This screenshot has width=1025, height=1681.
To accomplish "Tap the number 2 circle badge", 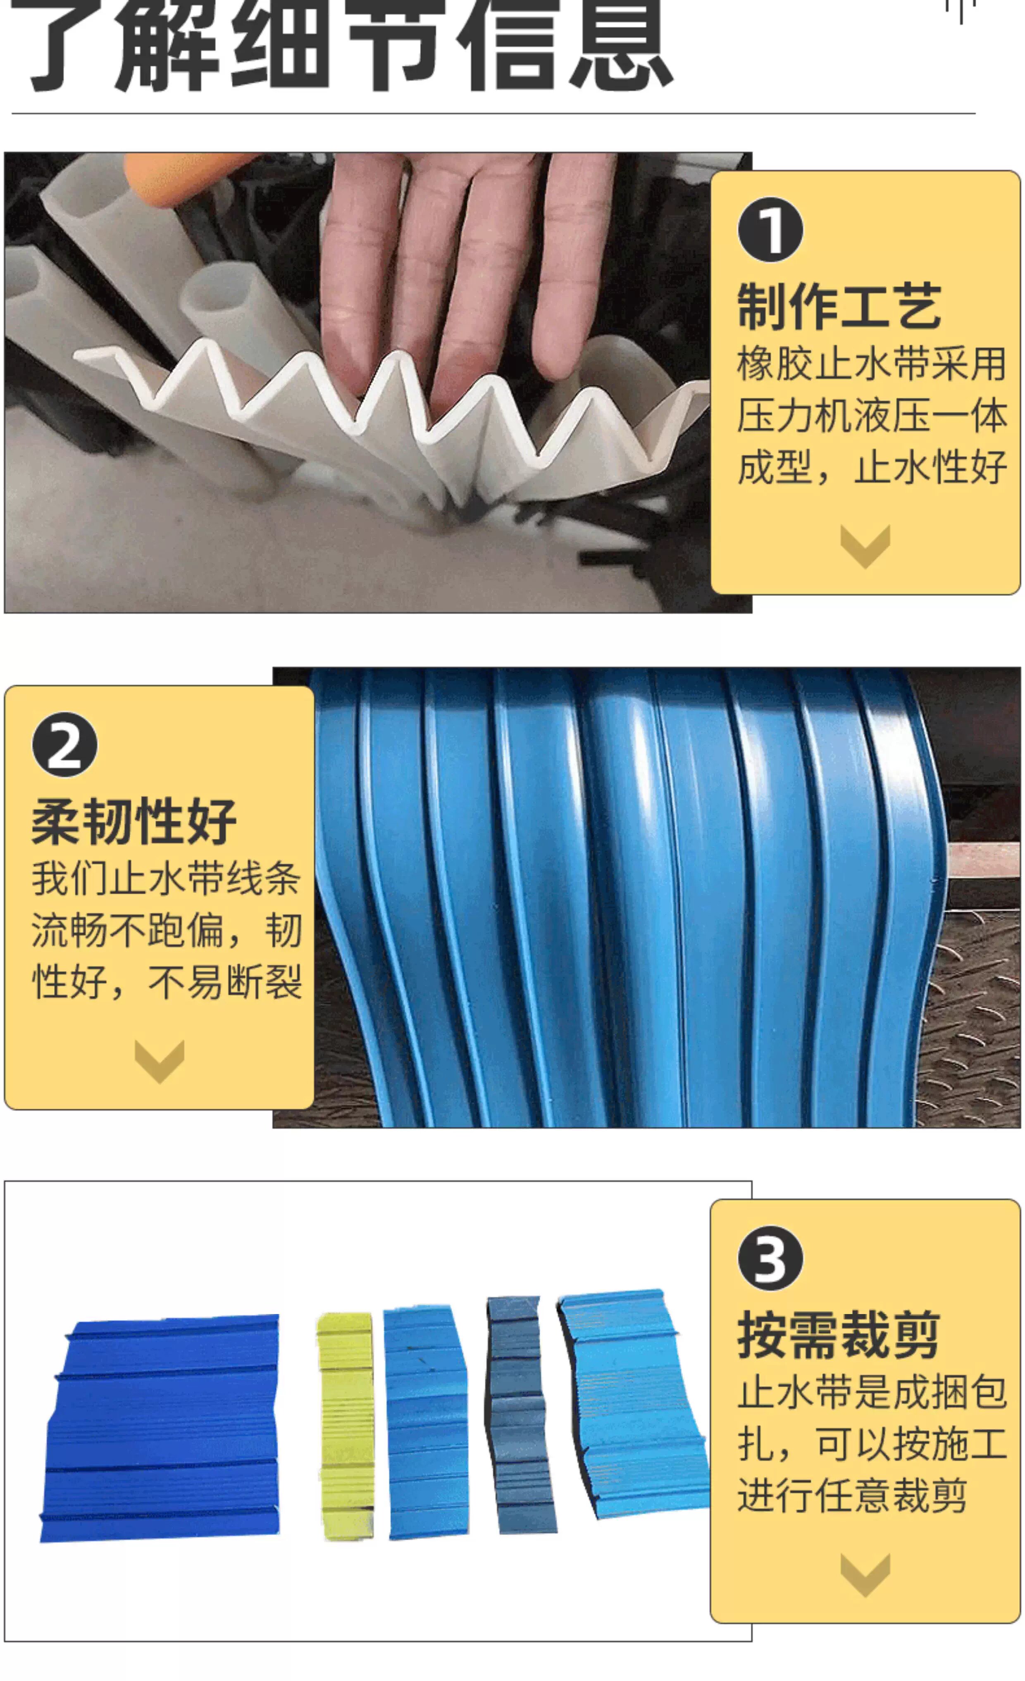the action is click(x=65, y=744).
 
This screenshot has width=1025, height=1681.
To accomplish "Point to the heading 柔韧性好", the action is click(x=134, y=821).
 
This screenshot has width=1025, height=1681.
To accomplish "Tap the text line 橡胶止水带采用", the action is click(x=871, y=364).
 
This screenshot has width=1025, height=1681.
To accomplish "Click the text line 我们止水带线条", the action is click(x=166, y=878).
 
